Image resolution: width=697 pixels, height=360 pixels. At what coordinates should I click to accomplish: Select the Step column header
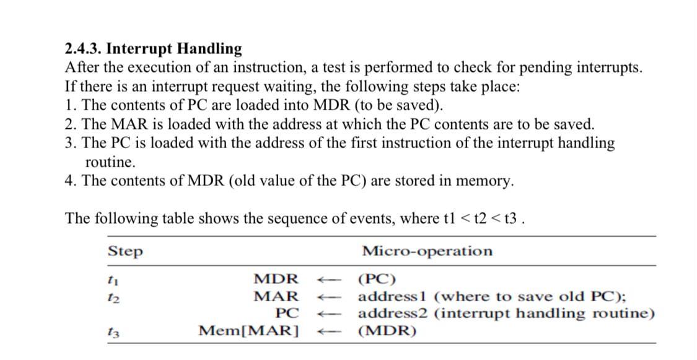click(125, 252)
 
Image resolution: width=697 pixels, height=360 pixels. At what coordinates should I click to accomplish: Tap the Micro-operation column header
click(427, 251)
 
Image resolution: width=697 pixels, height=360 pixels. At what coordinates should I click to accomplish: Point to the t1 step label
click(112, 279)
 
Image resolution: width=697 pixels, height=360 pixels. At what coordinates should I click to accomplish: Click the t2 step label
click(112, 296)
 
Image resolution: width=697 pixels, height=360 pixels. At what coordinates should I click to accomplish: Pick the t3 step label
click(112, 331)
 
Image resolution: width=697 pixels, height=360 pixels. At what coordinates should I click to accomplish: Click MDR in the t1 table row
click(276, 279)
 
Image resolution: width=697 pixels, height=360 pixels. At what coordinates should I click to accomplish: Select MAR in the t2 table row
click(276, 296)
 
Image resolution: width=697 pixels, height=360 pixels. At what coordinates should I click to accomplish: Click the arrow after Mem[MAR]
click(326, 331)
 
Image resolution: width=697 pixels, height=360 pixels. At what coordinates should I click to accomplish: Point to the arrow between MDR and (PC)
click(326, 279)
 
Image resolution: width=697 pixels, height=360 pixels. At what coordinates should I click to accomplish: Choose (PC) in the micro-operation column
click(378, 279)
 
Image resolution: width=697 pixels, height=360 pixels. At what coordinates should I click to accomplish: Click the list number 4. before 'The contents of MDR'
click(70, 181)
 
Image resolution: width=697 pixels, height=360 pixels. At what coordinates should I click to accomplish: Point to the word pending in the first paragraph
click(542, 67)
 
